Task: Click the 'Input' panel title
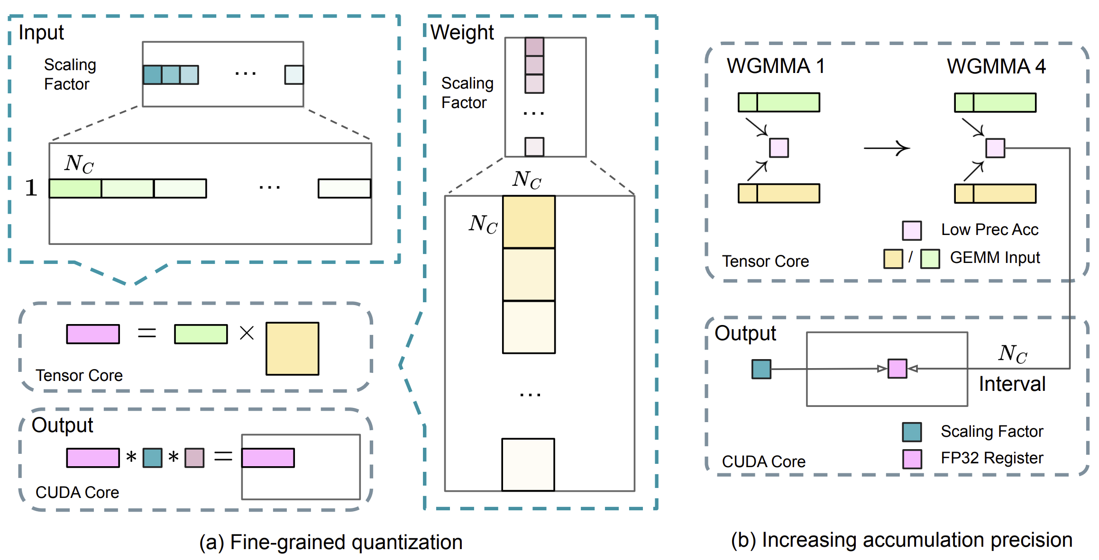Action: tap(41, 33)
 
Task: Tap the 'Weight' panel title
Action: tap(462, 33)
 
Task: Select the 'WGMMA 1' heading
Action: tap(776, 66)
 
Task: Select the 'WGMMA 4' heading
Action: tap(996, 66)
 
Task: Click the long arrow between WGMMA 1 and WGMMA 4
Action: tap(887, 148)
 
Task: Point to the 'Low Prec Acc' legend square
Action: tap(912, 230)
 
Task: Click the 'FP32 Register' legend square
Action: tap(912, 459)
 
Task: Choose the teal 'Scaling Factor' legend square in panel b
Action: tap(912, 432)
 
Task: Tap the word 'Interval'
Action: tap(1012, 384)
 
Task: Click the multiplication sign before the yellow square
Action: tap(247, 333)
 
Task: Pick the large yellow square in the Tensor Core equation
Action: tap(292, 349)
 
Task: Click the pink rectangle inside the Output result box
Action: tap(268, 458)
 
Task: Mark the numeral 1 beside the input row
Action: tap(31, 188)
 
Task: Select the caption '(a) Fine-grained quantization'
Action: tap(331, 542)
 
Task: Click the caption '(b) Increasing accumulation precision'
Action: tap(902, 540)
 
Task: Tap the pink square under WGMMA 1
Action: tap(779, 148)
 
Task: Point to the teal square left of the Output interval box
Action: tap(761, 369)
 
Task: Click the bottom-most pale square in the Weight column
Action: tap(528, 464)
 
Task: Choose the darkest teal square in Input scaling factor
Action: tap(153, 75)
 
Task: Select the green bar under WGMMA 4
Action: tap(995, 102)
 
